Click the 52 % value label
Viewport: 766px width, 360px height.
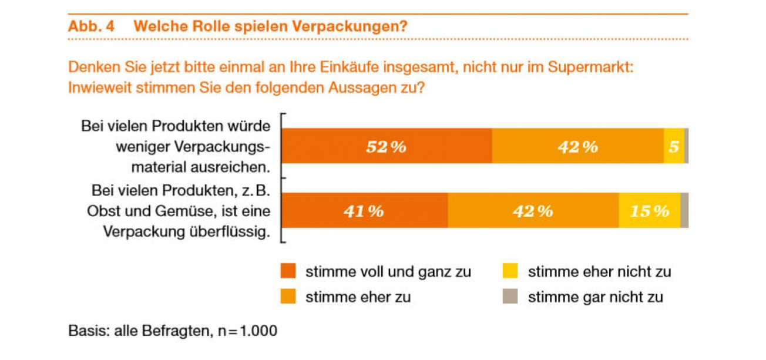[x=386, y=146]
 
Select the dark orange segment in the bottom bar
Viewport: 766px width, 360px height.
[x=364, y=210]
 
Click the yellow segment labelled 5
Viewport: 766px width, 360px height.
[x=673, y=146]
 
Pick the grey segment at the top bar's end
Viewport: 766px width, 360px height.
[x=686, y=146]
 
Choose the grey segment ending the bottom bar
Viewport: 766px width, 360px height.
[x=684, y=210]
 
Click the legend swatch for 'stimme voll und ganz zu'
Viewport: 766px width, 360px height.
[x=288, y=272]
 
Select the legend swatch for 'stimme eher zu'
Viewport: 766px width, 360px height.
[x=288, y=297]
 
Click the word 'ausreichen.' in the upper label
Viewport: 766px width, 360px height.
[x=236, y=167]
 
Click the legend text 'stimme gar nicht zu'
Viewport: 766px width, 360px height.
[x=595, y=297]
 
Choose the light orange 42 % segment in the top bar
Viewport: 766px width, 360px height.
[x=578, y=146]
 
